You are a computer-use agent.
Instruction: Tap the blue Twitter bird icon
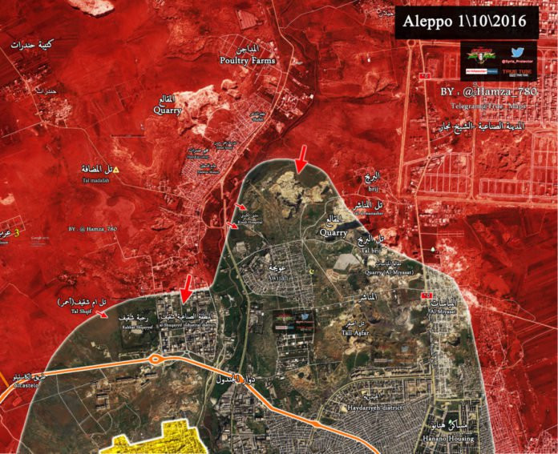point(517,53)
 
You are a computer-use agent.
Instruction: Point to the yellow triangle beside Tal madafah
point(116,170)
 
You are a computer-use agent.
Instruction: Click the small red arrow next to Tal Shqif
point(103,315)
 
